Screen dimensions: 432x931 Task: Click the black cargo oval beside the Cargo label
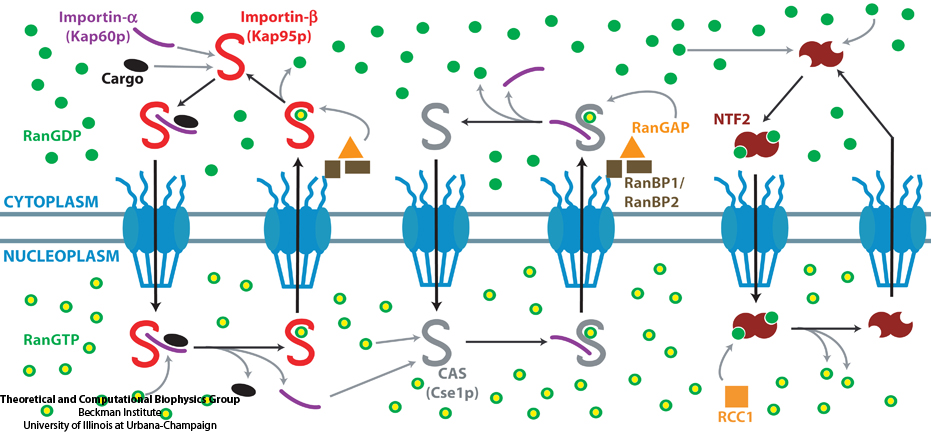point(136,65)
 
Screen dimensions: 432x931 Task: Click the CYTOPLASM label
point(50,202)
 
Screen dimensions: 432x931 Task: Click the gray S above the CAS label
point(437,340)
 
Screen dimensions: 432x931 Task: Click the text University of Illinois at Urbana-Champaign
point(108,424)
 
